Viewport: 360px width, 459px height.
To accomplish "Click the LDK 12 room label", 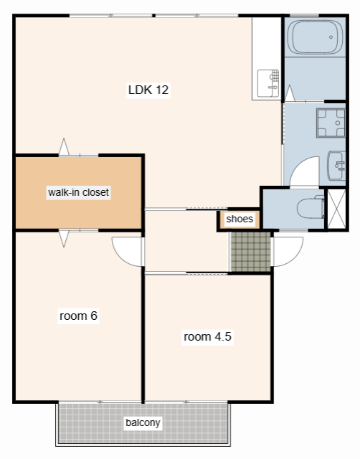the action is pos(148,90).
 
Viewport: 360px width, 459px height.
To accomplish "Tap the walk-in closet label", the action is pos(78,192).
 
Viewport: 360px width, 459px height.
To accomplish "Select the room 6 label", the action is pos(78,316).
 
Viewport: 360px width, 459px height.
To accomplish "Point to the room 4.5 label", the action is pos(207,336).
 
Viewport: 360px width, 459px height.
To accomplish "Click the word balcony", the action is pos(143,422).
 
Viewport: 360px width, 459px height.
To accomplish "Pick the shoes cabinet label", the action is pos(240,219).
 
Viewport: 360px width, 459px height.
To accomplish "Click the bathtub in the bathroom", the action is pos(315,37).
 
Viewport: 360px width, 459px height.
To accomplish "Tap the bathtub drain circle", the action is pos(331,37).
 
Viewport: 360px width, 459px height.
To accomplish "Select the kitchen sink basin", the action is pos(267,83).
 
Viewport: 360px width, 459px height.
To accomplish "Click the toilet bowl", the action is pos(311,208).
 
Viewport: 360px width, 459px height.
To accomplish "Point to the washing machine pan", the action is pos(331,123).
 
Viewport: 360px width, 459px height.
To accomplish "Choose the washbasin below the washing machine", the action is pos(336,166).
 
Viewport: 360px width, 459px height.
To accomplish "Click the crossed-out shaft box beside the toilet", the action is pos(336,209).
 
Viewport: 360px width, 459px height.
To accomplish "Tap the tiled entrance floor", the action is pos(251,252).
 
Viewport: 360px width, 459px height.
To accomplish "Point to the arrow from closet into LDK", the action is pos(64,146).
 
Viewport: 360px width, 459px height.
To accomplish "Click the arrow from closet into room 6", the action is pos(64,239).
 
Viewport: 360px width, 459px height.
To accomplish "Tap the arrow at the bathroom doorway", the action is pos(290,93).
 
